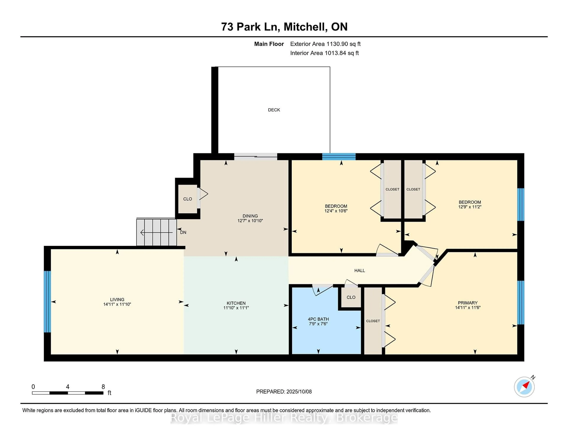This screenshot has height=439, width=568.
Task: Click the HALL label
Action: click(359, 271)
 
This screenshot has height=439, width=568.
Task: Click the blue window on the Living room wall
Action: click(47, 302)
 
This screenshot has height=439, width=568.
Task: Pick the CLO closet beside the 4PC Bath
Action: click(351, 297)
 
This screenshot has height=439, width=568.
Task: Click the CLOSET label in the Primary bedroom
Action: click(373, 321)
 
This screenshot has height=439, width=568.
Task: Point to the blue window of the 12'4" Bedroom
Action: click(339, 156)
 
